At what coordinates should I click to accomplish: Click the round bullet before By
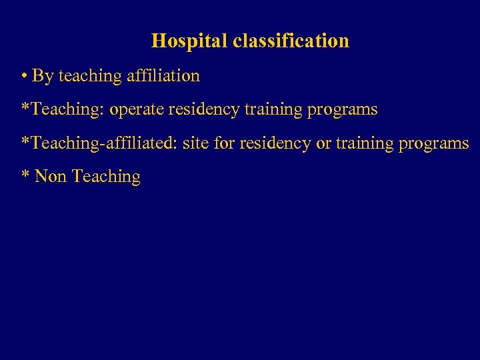(24, 76)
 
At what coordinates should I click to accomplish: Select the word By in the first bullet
(43, 76)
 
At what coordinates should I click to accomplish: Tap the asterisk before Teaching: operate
(25, 107)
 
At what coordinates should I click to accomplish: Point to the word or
(323, 143)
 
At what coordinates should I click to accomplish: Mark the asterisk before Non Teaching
(25, 174)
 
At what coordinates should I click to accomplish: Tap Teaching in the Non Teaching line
(106, 177)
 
